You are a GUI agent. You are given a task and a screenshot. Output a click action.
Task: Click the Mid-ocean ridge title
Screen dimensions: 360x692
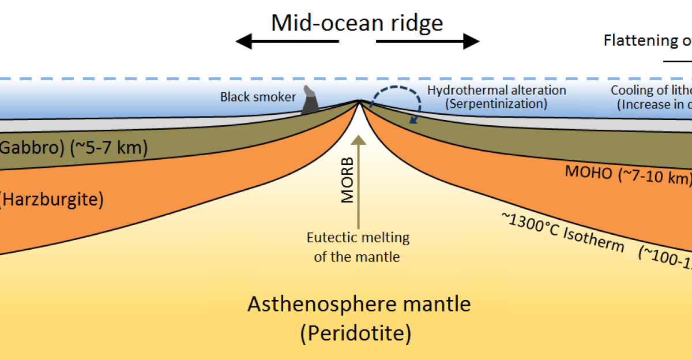(x=357, y=23)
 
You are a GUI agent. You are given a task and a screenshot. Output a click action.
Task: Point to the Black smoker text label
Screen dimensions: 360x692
(x=258, y=97)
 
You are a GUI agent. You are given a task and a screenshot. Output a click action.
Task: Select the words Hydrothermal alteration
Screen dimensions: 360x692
(x=497, y=91)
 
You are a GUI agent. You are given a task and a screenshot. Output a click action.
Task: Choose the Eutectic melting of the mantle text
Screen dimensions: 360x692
(x=358, y=247)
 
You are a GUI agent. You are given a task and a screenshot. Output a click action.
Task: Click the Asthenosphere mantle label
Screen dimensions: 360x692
(x=359, y=304)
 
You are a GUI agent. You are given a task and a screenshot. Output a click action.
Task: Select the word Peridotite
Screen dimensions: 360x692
(x=359, y=333)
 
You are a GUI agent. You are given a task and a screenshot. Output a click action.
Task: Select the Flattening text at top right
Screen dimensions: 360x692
(x=641, y=41)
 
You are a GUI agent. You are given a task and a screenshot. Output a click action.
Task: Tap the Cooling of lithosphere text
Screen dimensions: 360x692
(x=651, y=91)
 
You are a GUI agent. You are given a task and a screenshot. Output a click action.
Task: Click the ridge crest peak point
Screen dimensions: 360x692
(x=359, y=102)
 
